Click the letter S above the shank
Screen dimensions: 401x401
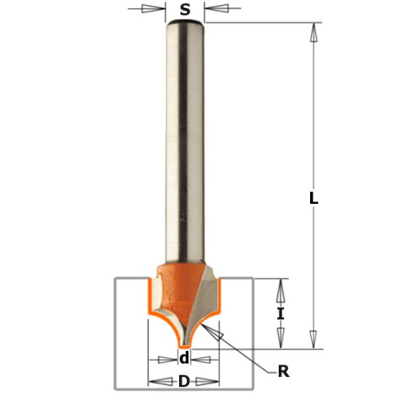(185, 9)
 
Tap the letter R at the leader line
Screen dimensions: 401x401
(283, 372)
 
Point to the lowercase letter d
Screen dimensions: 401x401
(184, 358)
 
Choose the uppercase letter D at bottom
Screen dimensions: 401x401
(184, 381)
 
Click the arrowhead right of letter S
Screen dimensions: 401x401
(216, 9)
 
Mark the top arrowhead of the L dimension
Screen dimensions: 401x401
(314, 33)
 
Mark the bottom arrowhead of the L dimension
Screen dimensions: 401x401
(314, 340)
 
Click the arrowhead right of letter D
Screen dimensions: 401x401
(210, 381)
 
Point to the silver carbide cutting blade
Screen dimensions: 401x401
(205, 295)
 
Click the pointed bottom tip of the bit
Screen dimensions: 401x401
(185, 344)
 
